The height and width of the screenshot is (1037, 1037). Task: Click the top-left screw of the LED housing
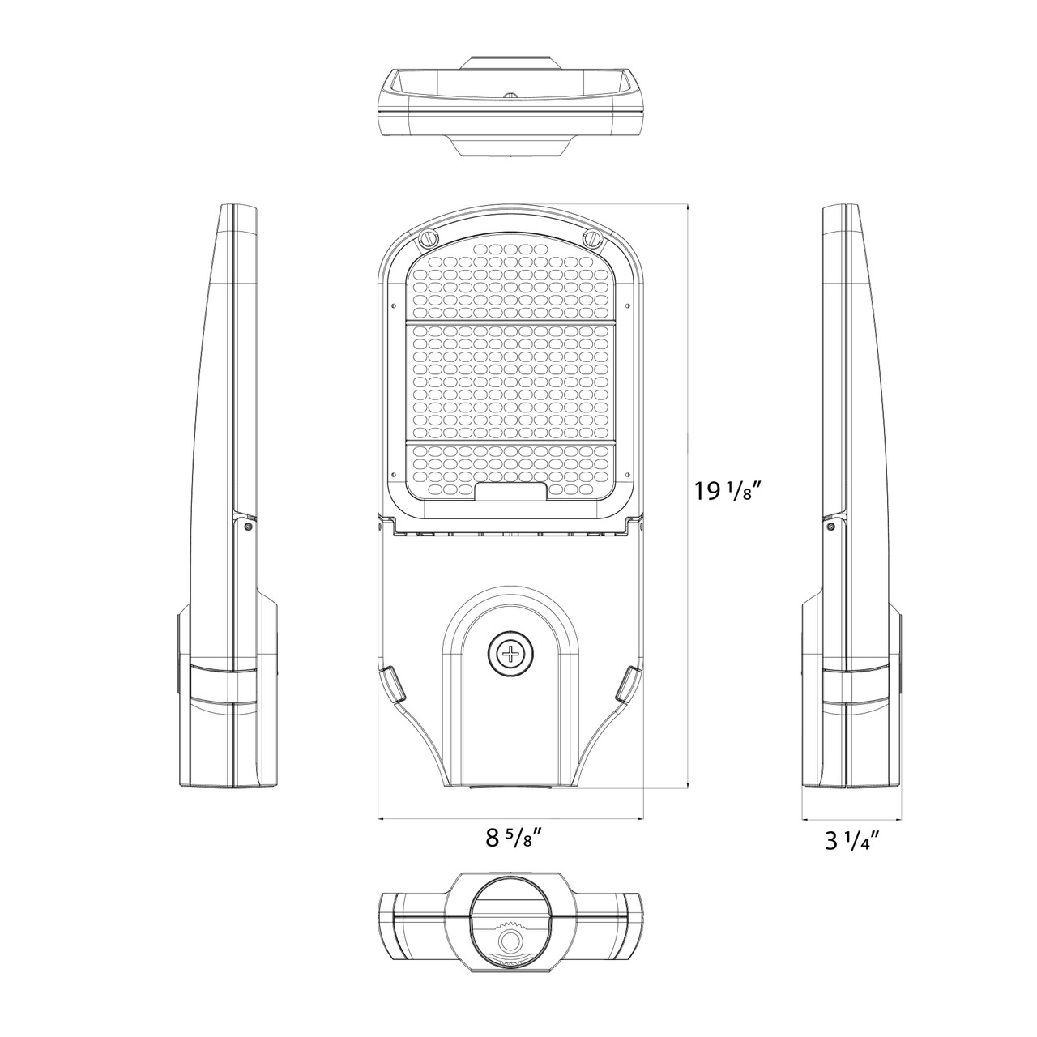pyautogui.click(x=427, y=239)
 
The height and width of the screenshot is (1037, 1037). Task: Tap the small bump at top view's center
pyautogui.click(x=511, y=95)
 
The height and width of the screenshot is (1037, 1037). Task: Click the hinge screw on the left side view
pyautogui.click(x=247, y=526)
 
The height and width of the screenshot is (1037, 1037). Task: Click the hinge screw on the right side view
pyautogui.click(x=830, y=526)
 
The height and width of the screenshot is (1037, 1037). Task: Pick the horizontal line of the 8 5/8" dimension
pyautogui.click(x=511, y=820)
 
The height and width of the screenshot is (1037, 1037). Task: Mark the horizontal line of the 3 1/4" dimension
pyautogui.click(x=851, y=820)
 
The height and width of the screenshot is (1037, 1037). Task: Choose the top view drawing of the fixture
pyautogui.click(x=511, y=105)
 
